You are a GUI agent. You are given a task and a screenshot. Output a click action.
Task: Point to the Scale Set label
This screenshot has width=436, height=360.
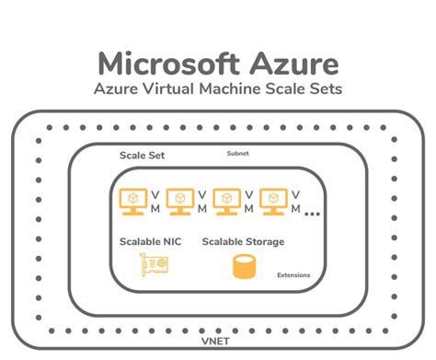pyautogui.click(x=140, y=155)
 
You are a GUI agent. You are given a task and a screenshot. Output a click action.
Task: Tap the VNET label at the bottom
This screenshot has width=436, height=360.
pyautogui.click(x=216, y=341)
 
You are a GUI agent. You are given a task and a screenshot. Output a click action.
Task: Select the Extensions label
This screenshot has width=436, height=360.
pyautogui.click(x=293, y=274)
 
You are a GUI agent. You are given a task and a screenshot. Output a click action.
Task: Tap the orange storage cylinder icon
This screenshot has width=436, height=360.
pyautogui.click(x=243, y=268)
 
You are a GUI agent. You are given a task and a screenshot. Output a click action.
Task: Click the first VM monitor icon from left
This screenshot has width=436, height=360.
pyautogui.click(x=133, y=201)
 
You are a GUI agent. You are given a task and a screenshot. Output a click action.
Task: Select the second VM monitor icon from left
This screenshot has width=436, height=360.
pyautogui.click(x=180, y=201)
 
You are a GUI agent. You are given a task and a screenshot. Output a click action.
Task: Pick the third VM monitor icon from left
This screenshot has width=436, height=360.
pyautogui.click(x=227, y=201)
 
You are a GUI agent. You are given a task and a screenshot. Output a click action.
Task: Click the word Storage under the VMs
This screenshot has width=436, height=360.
pyautogui.click(x=262, y=241)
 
